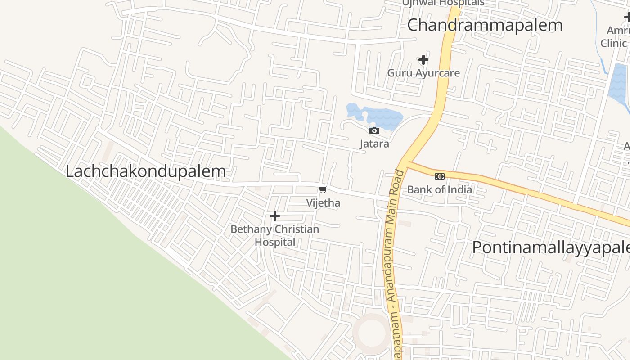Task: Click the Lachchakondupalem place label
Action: (145, 171)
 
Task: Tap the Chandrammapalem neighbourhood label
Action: (485, 25)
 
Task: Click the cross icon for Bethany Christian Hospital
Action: (275, 216)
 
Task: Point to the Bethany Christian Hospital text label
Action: (275, 235)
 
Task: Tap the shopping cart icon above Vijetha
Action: (323, 190)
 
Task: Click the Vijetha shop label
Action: (323, 203)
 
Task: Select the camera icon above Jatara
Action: (374, 131)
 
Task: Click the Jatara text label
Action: (374, 144)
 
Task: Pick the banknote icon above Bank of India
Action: (440, 176)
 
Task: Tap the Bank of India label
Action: (440, 189)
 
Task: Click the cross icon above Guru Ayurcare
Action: (423, 60)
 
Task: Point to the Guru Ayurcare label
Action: (423, 73)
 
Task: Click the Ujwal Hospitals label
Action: (443, 3)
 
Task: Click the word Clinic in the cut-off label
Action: (613, 43)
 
